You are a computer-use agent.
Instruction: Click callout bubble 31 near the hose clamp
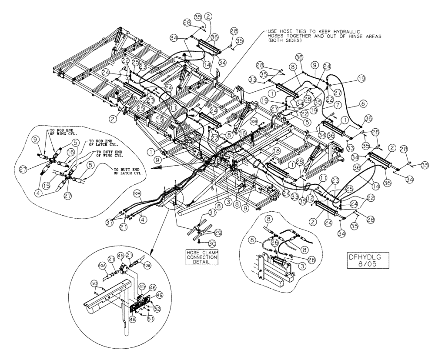(212, 213)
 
